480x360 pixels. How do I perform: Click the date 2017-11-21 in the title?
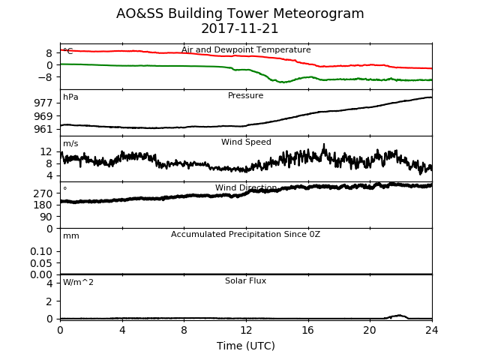pos(240,28)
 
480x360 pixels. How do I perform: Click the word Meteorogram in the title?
pos(318,13)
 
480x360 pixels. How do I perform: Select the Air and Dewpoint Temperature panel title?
pos(246,49)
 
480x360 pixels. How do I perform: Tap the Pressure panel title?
pos(245,95)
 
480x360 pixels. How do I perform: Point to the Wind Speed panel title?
pos(246,142)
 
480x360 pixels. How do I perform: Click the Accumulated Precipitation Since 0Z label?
pos(245,234)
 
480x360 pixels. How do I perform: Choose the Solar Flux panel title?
pos(245,280)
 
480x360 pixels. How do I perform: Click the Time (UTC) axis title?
pos(246,346)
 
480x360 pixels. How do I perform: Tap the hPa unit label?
pos(70,97)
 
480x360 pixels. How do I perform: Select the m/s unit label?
pos(70,143)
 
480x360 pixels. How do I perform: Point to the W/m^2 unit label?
pos(78,282)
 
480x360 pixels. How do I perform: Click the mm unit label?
pos(71,236)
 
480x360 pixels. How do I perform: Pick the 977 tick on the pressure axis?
pos(43,103)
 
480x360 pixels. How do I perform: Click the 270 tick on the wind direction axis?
pos(43,193)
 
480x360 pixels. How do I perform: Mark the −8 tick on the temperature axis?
pos(45,76)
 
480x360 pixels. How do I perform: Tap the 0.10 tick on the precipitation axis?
pos(41,251)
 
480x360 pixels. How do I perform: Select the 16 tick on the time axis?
pos(308,330)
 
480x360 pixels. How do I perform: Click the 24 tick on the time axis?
pos(432,330)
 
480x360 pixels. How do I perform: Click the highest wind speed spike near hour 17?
pos(324,144)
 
